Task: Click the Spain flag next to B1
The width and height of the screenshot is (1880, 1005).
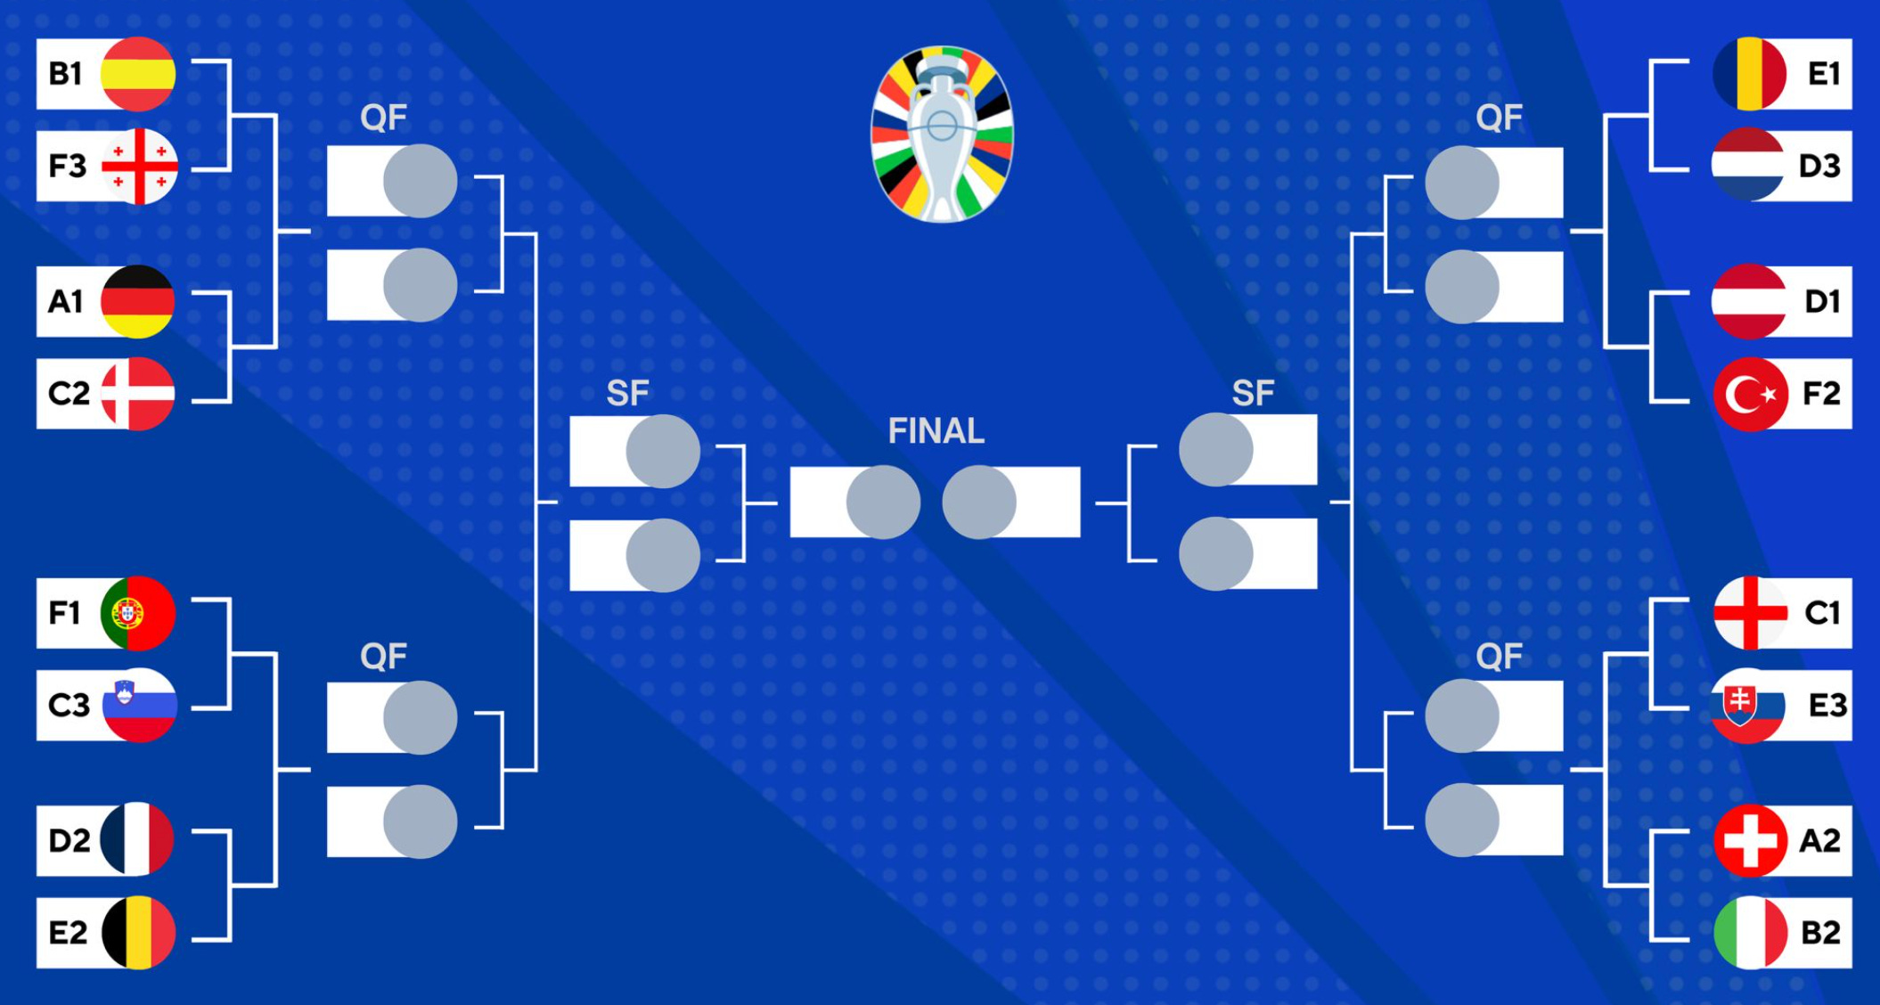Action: tap(138, 74)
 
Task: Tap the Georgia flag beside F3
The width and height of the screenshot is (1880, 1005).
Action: tap(140, 166)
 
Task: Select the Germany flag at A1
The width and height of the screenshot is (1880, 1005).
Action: tap(138, 301)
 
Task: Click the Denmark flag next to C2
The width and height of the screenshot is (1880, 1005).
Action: tap(138, 394)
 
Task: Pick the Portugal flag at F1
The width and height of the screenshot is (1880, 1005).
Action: tap(138, 613)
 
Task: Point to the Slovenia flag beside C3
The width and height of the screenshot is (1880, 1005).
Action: tap(140, 705)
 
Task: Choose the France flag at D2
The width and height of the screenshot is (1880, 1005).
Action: tap(137, 839)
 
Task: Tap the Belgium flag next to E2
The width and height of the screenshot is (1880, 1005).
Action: tap(138, 932)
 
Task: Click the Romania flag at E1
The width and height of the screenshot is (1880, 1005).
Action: tap(1749, 74)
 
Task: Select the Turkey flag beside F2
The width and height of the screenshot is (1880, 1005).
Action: tap(1750, 394)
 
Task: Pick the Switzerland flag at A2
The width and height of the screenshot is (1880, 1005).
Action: tap(1750, 840)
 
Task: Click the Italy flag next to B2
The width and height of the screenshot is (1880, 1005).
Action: tap(1750, 933)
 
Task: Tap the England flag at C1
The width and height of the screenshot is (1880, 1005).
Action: tap(1750, 613)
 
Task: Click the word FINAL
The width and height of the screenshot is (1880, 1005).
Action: tap(936, 431)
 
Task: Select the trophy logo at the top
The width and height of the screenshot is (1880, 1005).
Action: tap(942, 134)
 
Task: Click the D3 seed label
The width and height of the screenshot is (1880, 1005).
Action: tap(1819, 166)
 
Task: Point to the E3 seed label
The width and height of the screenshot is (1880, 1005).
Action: tap(1827, 706)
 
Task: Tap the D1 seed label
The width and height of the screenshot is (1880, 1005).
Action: tap(1822, 302)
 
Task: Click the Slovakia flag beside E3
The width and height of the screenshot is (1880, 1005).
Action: tap(1747, 706)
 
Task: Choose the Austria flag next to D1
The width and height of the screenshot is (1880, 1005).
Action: tap(1748, 302)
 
